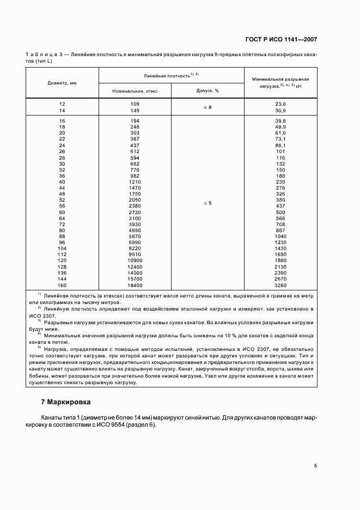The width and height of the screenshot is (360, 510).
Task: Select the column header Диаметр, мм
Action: [62, 83]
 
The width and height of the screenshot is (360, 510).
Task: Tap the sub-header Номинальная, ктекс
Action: [135, 91]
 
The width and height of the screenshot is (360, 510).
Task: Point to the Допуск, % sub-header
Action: [207, 91]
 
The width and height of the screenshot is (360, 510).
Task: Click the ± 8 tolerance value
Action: [207, 107]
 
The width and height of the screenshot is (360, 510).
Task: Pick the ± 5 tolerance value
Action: [207, 203]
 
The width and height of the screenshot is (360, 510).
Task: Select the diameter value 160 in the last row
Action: [62, 285]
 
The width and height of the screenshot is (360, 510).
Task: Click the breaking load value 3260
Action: [280, 285]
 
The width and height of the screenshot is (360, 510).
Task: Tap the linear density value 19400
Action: [135, 285]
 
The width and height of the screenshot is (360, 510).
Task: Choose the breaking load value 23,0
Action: [280, 104]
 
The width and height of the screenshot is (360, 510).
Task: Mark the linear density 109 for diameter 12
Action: [135, 104]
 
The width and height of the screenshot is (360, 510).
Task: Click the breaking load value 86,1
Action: [280, 146]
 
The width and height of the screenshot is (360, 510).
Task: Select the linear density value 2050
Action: [135, 199]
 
